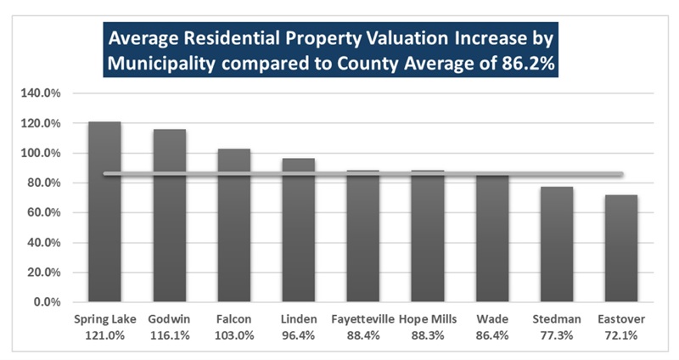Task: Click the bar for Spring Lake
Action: (104, 211)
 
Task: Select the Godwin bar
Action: (169, 216)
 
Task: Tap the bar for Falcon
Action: (234, 225)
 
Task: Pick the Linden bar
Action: (299, 230)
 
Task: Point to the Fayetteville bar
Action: (363, 236)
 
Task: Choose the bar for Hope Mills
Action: (428, 236)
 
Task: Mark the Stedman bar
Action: (557, 245)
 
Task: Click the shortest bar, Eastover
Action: (621, 248)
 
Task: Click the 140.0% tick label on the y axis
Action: (41, 93)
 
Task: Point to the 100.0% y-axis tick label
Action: (41, 153)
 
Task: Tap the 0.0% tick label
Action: (48, 302)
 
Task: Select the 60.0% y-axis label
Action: (44, 213)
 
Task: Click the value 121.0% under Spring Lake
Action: (104, 335)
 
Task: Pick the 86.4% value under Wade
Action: (492, 335)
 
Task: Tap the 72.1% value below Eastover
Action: (621, 335)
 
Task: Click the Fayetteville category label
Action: (363, 319)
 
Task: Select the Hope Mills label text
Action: (428, 319)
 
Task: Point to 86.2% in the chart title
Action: (528, 64)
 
